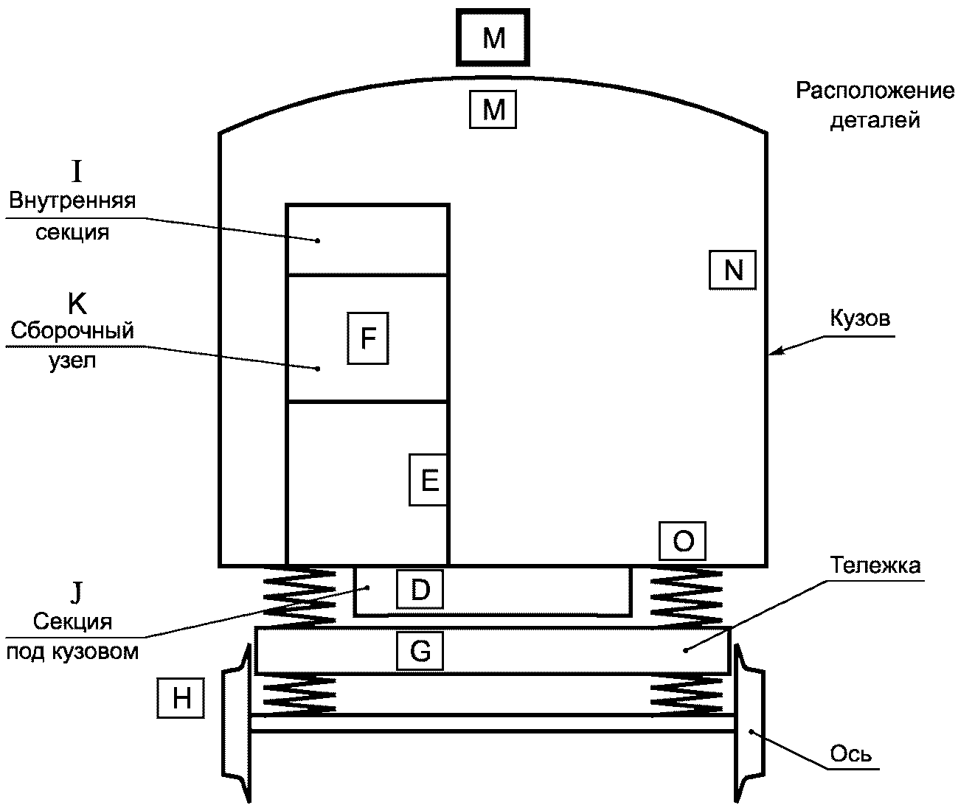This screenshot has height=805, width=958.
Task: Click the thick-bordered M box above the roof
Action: pyautogui.click(x=493, y=37)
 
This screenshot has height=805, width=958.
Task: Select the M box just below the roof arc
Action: pyautogui.click(x=493, y=109)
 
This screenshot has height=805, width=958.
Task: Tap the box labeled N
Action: pyautogui.click(x=733, y=270)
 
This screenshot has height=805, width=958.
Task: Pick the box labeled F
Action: pyautogui.click(x=368, y=338)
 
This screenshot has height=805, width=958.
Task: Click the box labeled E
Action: pyautogui.click(x=428, y=480)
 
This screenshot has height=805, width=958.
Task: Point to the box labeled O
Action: pyautogui.click(x=682, y=541)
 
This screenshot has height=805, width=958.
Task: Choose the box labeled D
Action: pyautogui.click(x=420, y=590)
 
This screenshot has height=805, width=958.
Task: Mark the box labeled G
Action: pyautogui.click(x=420, y=650)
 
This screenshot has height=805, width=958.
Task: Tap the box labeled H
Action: pyautogui.click(x=181, y=698)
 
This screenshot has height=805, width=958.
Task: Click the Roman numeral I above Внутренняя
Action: pyautogui.click(x=77, y=172)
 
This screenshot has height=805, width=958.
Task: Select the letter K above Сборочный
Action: pyautogui.click(x=77, y=303)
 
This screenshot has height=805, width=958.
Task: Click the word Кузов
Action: pyautogui.click(x=860, y=318)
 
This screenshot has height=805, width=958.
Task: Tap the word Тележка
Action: pyautogui.click(x=875, y=565)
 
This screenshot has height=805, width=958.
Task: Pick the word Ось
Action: pyautogui.click(x=850, y=753)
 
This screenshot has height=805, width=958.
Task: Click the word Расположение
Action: pyautogui.click(x=875, y=91)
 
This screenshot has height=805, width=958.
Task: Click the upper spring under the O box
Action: pyautogui.click(x=687, y=597)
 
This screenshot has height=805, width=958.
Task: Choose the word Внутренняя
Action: pyautogui.click(x=72, y=201)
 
